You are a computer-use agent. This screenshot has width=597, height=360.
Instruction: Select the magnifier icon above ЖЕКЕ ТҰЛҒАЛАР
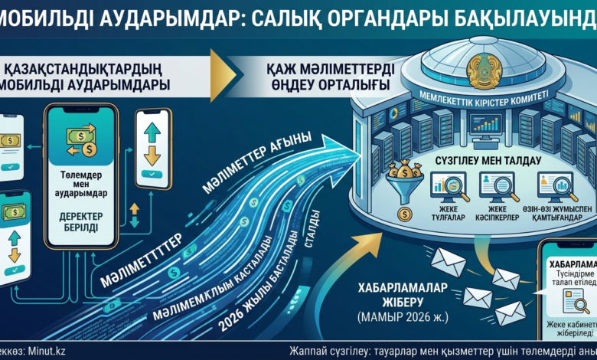(449, 185)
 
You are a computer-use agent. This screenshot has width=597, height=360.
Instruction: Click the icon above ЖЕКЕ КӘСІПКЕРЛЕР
(494, 185)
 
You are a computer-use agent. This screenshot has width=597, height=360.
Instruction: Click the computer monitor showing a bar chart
(485, 123)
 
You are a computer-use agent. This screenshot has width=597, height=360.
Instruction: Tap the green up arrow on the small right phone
(152, 132)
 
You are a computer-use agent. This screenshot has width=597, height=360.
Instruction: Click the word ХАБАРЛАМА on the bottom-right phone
(569, 264)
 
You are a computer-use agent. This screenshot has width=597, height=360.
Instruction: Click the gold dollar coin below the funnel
(403, 213)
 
